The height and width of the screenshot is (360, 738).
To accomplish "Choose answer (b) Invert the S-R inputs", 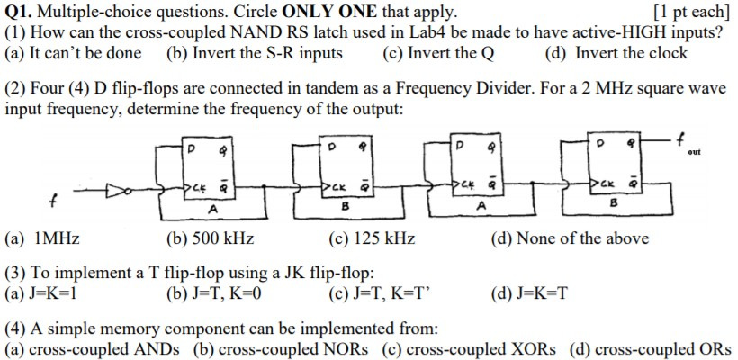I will click(255, 53).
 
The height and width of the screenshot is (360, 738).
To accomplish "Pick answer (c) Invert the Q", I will click(438, 53).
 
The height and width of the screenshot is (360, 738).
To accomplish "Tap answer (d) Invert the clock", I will click(616, 53).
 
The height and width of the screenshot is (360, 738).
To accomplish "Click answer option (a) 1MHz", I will click(42, 238).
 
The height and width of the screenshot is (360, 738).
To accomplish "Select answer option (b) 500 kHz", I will click(210, 238).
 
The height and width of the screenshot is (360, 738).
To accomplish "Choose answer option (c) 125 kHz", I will click(373, 238).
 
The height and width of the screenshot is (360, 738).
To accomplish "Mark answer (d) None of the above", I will click(569, 238).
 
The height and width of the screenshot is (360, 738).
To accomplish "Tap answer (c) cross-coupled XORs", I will click(469, 349).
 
